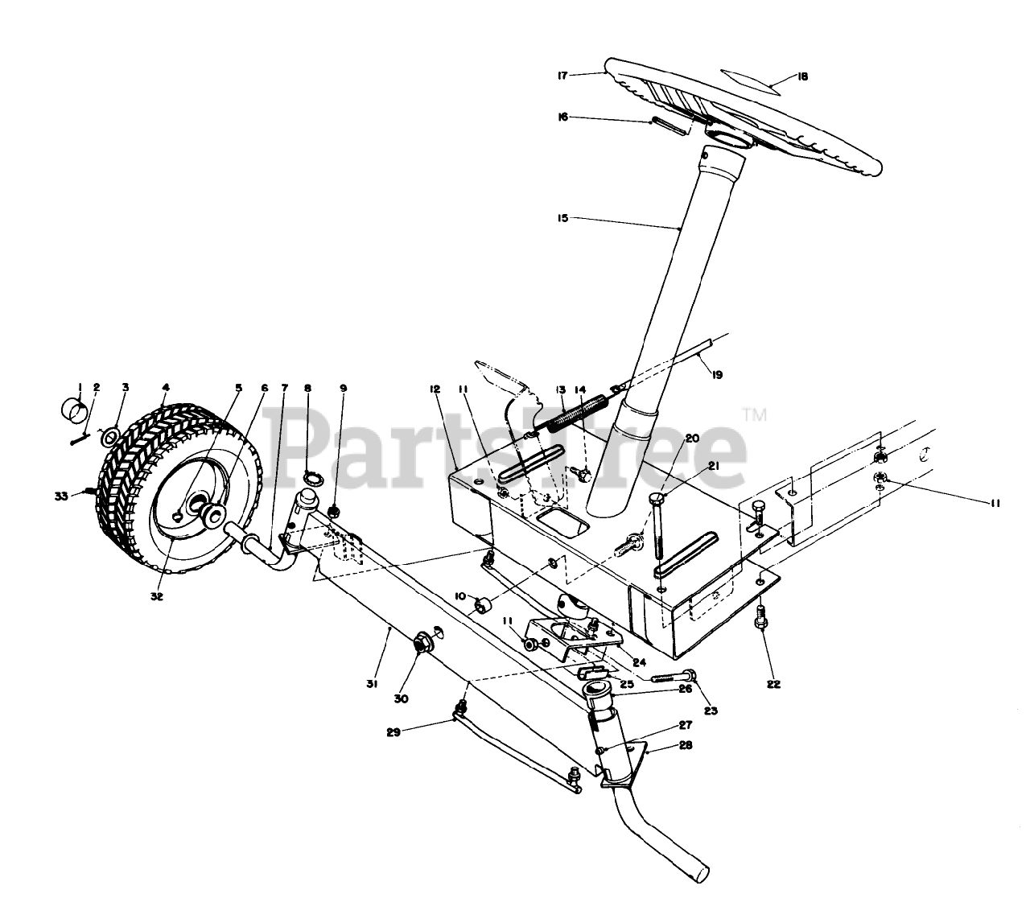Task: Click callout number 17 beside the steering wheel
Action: (x=562, y=76)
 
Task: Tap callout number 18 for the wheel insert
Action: (x=801, y=76)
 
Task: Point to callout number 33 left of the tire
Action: (x=61, y=496)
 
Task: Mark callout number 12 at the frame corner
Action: (x=435, y=389)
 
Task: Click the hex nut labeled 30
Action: (x=420, y=643)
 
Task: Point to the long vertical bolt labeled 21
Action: (x=656, y=531)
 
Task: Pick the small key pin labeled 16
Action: (x=669, y=124)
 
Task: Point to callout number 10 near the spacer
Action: (x=460, y=596)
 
